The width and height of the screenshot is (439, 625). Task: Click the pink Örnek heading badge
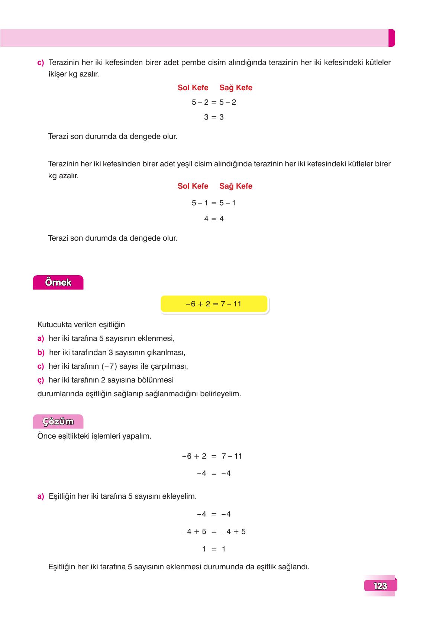coord(58,283)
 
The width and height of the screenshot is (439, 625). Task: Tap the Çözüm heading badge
coord(58,422)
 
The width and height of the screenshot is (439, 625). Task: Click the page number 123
coord(380,586)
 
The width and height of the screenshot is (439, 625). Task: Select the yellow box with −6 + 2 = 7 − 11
coord(214,304)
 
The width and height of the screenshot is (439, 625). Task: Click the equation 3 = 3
coord(214,117)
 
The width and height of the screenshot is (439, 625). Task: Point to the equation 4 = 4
coord(214,219)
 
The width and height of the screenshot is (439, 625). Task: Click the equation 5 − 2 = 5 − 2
coord(214,102)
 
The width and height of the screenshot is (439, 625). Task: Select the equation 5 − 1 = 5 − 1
coord(214,203)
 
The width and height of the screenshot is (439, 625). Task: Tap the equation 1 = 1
coord(214,549)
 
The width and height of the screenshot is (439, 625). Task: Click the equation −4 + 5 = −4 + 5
coord(214,531)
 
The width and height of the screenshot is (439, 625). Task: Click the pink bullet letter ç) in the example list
coord(41,380)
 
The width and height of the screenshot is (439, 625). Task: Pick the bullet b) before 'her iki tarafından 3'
coord(41,352)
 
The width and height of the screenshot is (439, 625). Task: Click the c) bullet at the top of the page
coord(41,63)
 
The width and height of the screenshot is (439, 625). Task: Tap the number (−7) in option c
coord(109,367)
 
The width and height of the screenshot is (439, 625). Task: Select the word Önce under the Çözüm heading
coord(46,436)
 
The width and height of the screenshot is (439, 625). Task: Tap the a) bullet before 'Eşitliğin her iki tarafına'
coord(41,497)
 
